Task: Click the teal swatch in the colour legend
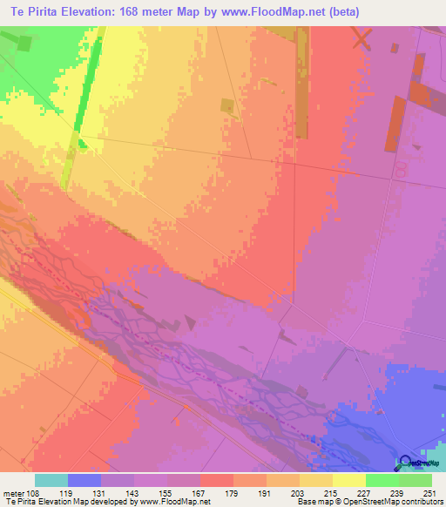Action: (51, 480)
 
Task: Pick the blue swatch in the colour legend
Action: (84, 480)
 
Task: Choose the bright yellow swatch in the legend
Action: (349, 480)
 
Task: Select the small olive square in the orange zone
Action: (227, 105)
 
